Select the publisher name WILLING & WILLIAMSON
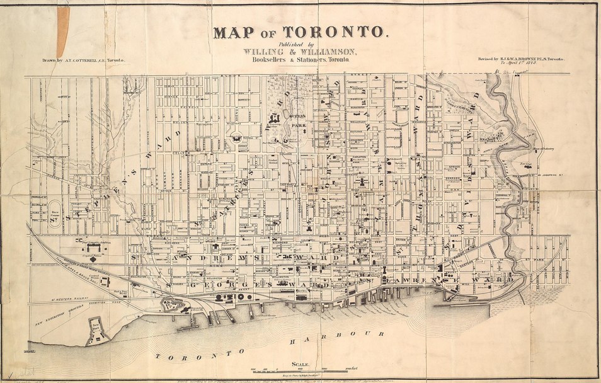[300, 52]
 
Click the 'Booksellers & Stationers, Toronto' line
[300, 60]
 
